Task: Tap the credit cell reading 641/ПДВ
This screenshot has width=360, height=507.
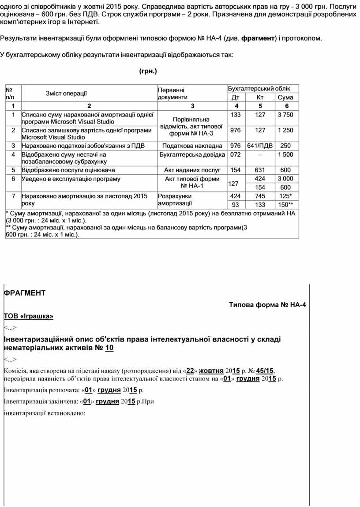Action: pos(260,146)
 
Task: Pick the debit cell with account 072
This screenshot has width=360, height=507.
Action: pos(236,154)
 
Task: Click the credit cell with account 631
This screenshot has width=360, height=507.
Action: pos(260,170)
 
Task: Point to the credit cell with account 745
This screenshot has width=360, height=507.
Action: pos(260,196)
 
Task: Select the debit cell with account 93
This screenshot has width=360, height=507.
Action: pos(236,205)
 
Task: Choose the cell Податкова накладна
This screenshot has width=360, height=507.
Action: pos(192,146)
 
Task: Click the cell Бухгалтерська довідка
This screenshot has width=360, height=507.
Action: pos(192,154)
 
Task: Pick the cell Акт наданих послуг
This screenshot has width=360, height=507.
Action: pos(192,170)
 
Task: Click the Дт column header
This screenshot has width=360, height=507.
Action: pos(236,98)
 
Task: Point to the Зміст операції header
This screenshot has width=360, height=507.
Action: pos(66,93)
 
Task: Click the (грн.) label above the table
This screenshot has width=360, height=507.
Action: pos(148,71)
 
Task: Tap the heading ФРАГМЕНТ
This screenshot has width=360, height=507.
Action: pos(24,293)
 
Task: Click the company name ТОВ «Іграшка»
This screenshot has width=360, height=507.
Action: pos(29,316)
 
